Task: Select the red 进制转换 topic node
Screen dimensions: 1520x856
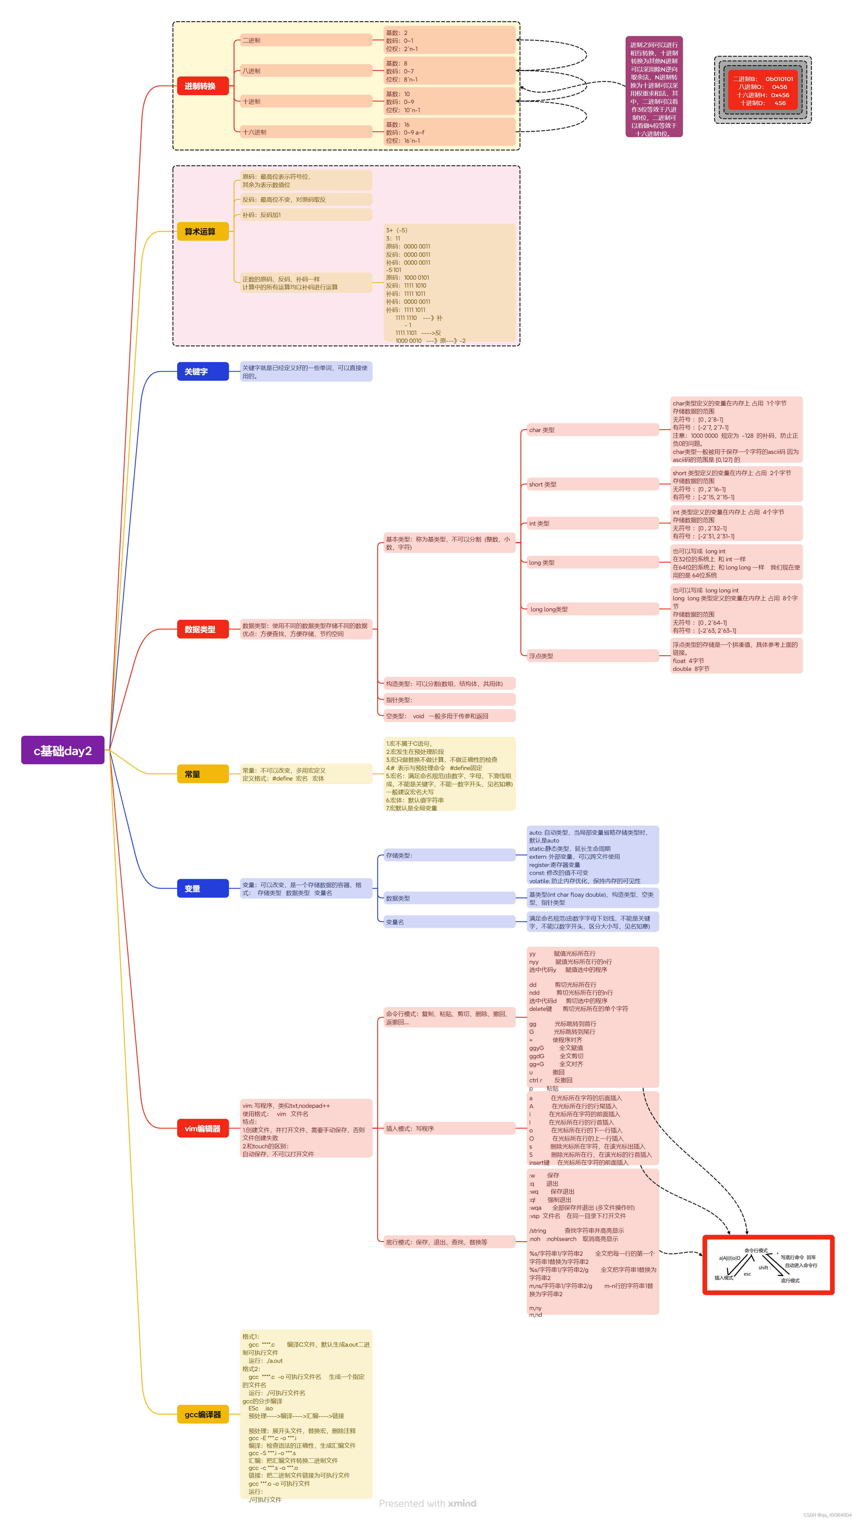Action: pos(202,86)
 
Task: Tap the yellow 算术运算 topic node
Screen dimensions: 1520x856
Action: pos(202,231)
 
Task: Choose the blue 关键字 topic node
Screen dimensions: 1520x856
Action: pos(202,371)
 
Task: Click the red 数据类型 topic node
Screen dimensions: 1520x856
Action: pos(202,629)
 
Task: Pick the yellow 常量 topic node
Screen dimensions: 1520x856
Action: pos(202,773)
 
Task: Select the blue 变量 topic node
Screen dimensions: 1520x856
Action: pos(202,888)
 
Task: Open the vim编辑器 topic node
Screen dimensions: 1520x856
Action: pos(202,1128)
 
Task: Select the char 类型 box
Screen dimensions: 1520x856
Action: pos(592,430)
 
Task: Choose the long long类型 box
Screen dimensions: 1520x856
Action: pos(592,609)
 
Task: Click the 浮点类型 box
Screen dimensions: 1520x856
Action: pos(592,656)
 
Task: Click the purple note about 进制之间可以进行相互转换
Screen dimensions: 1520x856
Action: pos(654,87)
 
